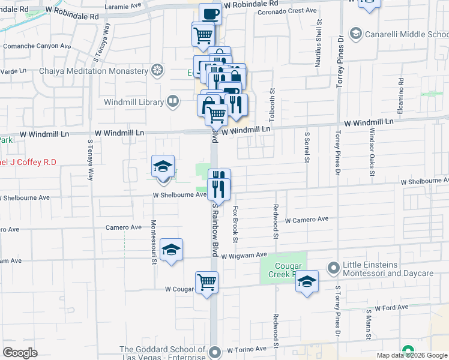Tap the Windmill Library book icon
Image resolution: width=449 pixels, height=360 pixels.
tap(173, 101)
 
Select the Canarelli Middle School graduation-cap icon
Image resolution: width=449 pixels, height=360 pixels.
tap(355, 34)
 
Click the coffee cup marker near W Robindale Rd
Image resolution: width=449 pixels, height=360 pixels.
tap(210, 13)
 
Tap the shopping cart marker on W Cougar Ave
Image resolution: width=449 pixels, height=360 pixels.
tap(206, 281)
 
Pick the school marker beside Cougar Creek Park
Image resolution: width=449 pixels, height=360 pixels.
tap(306, 282)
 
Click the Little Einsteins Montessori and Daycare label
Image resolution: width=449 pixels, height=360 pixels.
tap(387, 269)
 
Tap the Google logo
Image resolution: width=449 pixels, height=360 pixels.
tap(20, 352)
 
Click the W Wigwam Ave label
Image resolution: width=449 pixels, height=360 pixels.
tap(243, 256)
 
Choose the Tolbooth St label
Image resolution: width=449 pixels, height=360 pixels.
tap(271, 98)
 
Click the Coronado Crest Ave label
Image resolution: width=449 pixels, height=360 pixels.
tap(286, 11)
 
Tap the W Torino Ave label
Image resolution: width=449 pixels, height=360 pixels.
tap(246, 349)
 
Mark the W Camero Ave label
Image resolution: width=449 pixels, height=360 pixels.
tap(307, 220)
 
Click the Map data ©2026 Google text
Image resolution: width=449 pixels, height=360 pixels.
tap(412, 355)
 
